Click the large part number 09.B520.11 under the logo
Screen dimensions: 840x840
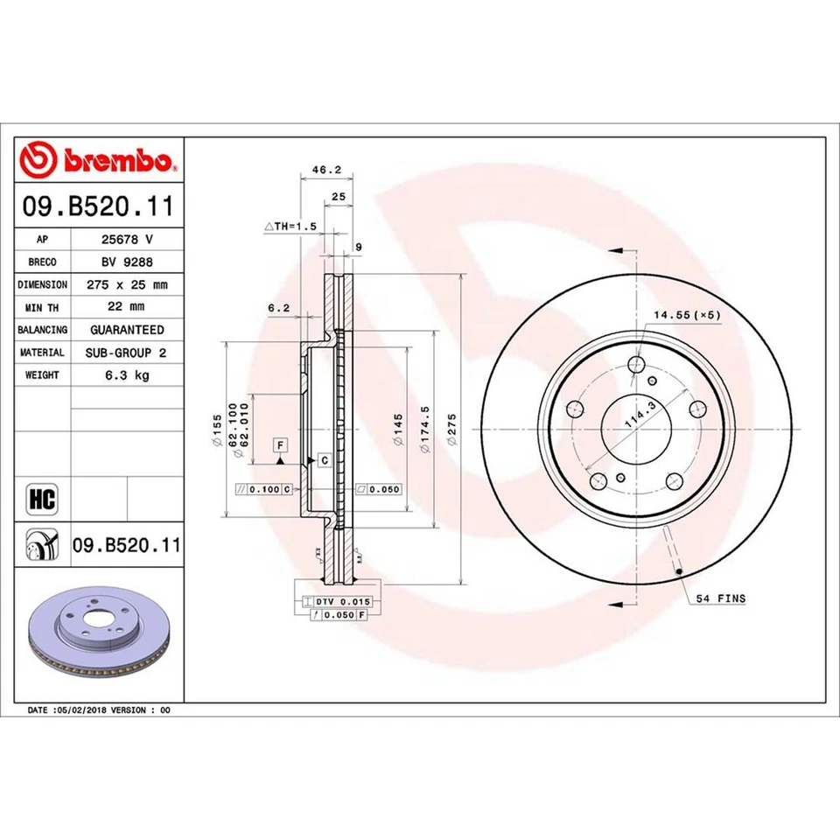tap(100, 208)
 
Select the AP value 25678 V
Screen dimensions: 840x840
tap(127, 239)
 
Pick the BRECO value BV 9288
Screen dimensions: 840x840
tap(127, 262)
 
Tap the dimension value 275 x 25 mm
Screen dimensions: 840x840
tap(127, 284)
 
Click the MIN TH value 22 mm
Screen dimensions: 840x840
tap(127, 307)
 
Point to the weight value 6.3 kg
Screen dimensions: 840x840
tap(127, 375)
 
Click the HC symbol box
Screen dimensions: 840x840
tap(42, 500)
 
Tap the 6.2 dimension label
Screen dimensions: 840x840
tap(278, 308)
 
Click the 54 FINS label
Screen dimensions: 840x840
tap(721, 598)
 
